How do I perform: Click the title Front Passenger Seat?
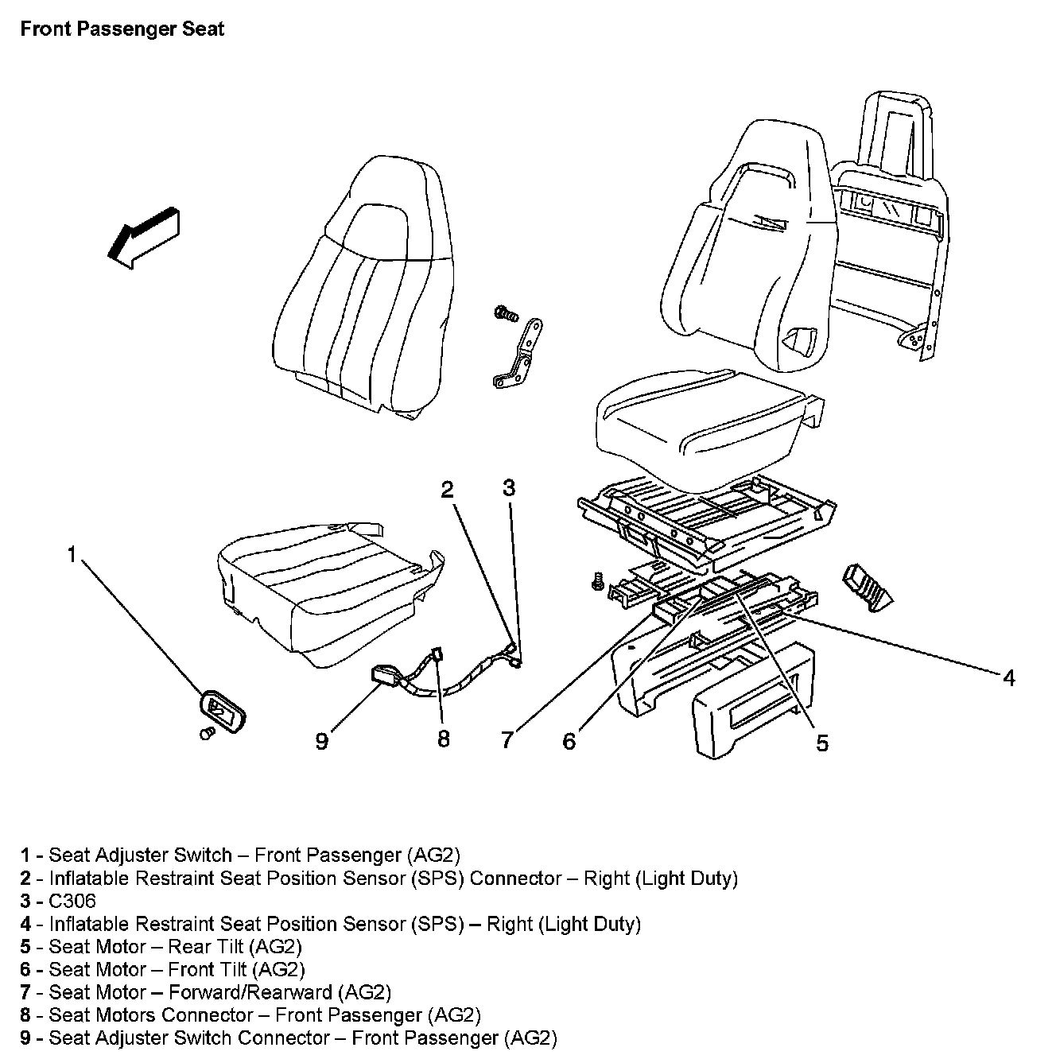[122, 29]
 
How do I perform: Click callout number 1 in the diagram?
[72, 555]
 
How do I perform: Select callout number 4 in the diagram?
[1008, 677]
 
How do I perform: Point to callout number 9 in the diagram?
[321, 741]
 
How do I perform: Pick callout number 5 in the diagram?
[821, 743]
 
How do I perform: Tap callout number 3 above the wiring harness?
[509, 488]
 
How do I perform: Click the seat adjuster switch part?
[220, 710]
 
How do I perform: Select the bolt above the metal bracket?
[504, 313]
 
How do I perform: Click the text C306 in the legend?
[72, 901]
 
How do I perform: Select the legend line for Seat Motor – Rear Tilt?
[175, 947]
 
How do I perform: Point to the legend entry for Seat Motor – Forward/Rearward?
[219, 992]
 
